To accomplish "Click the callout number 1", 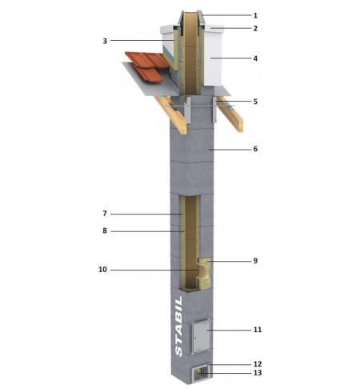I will tap(257, 15).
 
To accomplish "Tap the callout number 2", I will tap(257, 28).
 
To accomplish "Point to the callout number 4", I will tap(257, 58).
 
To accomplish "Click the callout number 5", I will tap(257, 102).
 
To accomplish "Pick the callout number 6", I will tap(257, 149).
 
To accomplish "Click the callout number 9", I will tap(257, 260).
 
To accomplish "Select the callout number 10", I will tap(103, 270).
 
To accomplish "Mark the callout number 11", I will tap(257, 329).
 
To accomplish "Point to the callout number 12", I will tap(257, 363).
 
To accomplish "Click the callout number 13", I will tap(257, 373).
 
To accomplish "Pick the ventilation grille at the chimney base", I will tap(202, 372).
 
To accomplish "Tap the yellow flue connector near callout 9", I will tap(205, 272).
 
